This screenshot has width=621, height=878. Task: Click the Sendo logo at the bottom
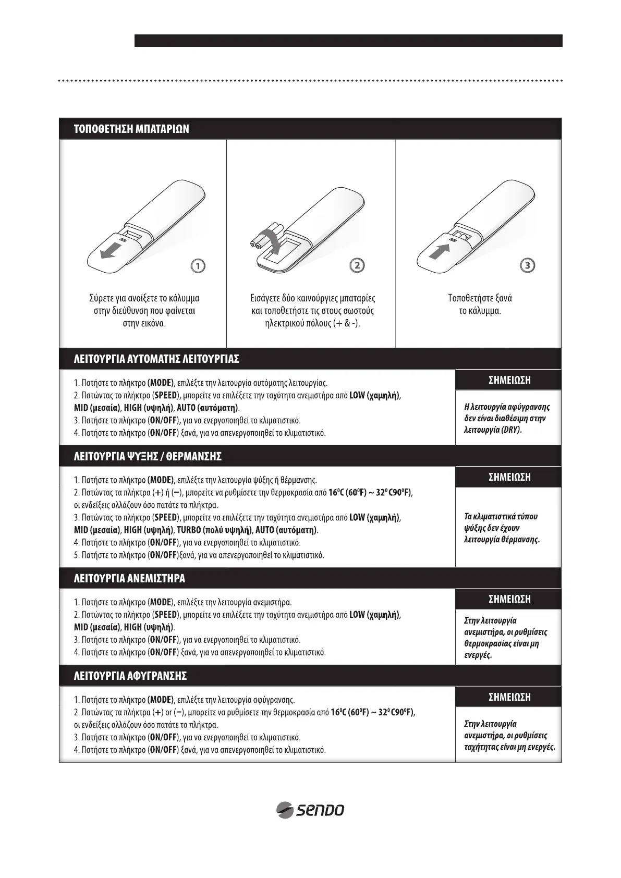[310, 810]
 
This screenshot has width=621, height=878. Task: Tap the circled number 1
[198, 265]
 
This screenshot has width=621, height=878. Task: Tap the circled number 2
[357, 265]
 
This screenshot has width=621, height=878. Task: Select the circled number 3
[528, 265]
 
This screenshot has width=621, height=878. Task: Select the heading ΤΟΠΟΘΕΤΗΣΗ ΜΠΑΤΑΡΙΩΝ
[131, 129]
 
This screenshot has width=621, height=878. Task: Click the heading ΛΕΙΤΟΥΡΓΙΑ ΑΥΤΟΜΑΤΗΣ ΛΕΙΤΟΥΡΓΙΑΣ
[156, 359]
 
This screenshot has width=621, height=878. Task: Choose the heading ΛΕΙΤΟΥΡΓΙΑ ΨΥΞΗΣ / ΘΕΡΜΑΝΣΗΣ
[148, 457]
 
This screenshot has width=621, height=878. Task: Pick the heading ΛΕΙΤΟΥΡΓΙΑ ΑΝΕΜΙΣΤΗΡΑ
[129, 579]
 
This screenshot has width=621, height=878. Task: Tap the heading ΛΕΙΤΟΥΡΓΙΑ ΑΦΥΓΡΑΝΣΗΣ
[130, 676]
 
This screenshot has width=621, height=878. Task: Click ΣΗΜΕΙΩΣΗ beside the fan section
[509, 600]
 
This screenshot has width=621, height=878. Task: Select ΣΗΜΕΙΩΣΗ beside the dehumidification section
[509, 697]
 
